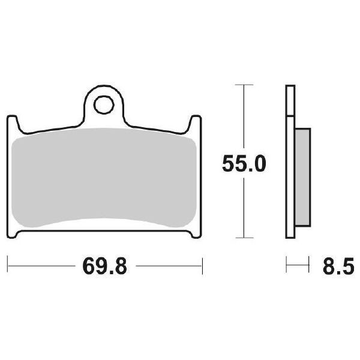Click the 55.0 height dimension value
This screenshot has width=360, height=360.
[244, 164]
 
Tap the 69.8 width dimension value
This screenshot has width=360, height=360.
[104, 266]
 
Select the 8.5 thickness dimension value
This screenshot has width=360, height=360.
[338, 266]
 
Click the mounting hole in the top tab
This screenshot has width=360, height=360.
[104, 105]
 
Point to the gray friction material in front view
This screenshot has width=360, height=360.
[104, 177]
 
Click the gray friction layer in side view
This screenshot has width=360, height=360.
[302, 177]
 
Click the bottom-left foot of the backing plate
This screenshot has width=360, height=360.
[13, 234]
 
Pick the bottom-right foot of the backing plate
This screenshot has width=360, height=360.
[196, 234]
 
